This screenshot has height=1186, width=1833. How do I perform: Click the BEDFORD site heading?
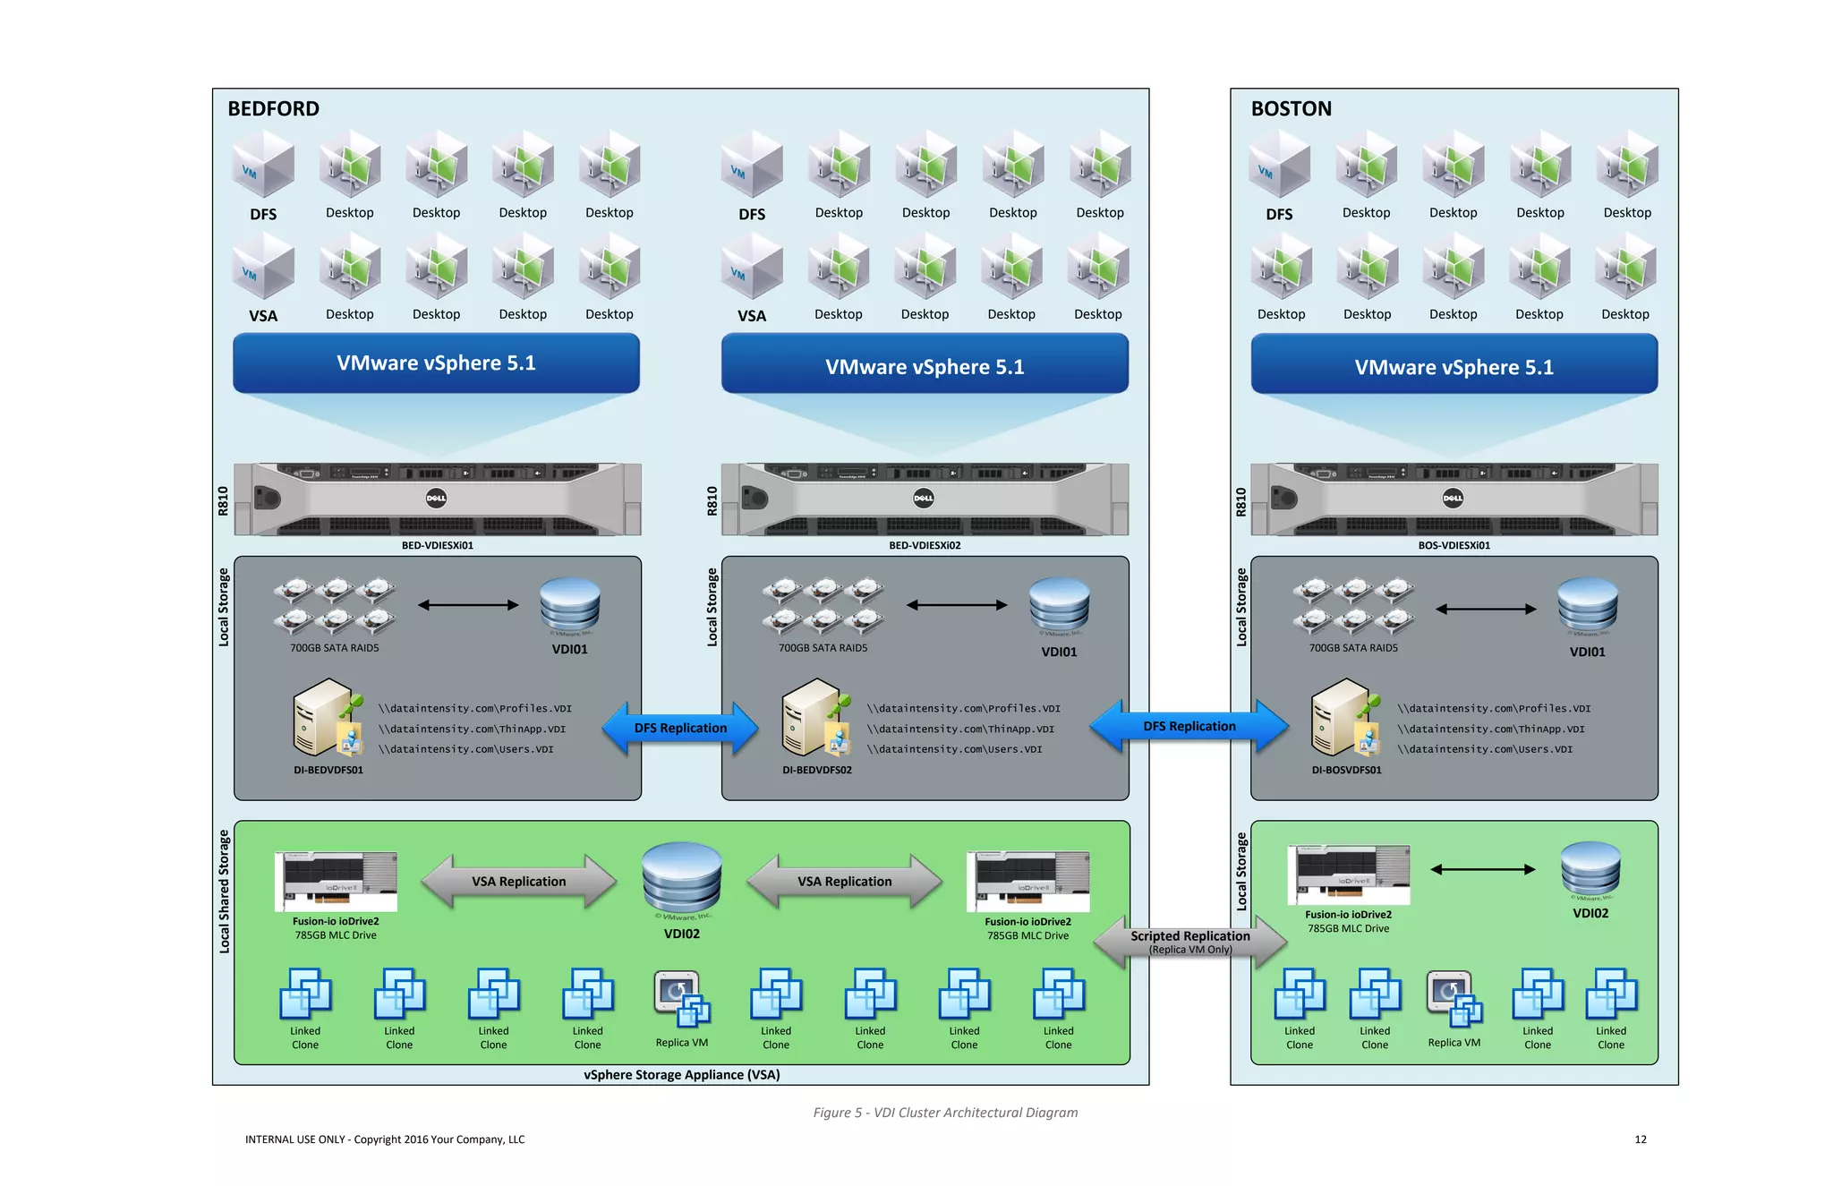(273, 108)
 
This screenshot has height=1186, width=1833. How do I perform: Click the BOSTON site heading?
(1291, 108)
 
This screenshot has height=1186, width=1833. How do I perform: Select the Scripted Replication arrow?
(1189, 942)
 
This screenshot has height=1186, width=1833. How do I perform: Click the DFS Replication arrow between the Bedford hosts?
(680, 728)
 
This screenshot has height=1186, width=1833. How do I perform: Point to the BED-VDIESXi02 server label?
(925, 545)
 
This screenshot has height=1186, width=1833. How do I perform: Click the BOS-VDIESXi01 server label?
(1454, 545)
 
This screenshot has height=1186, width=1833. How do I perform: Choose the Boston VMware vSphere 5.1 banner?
(1454, 366)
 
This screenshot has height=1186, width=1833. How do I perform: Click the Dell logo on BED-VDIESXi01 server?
(436, 499)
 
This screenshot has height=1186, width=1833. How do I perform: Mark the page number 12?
(1640, 1139)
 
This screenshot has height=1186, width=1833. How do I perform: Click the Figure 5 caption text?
(945, 1113)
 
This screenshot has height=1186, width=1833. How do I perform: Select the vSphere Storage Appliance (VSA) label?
(681, 1075)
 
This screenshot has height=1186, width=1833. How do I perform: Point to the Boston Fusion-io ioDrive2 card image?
(1348, 874)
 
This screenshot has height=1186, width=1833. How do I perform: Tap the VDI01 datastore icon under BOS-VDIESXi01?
(1587, 605)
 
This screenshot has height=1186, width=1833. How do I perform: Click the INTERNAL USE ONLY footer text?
(385, 1139)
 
